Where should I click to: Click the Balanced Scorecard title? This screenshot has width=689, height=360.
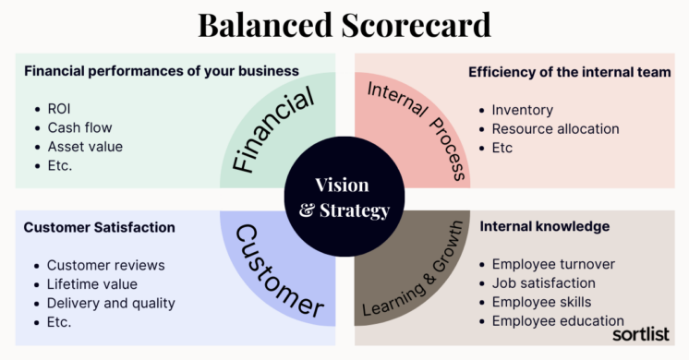[x=344, y=25]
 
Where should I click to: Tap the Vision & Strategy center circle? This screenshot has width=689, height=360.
[x=344, y=198]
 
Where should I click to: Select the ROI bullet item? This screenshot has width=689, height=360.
[x=59, y=109]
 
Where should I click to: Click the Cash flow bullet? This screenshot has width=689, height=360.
[x=81, y=127]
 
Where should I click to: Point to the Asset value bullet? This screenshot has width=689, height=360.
[x=85, y=146]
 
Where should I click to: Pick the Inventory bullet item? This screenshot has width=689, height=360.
[x=522, y=110]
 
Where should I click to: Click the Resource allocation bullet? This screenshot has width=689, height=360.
[x=555, y=128]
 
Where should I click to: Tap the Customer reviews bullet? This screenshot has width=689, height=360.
[x=105, y=265]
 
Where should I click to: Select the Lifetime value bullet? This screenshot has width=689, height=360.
[x=92, y=284]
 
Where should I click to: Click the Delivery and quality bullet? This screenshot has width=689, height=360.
[x=111, y=303]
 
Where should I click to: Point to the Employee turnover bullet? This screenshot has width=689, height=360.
[x=553, y=264]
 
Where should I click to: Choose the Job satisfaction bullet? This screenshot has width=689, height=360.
[x=543, y=283]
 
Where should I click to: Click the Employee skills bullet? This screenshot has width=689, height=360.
[x=541, y=302]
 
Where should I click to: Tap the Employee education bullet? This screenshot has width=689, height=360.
[x=558, y=321]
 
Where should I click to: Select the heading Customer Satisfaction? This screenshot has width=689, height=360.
[x=99, y=227]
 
